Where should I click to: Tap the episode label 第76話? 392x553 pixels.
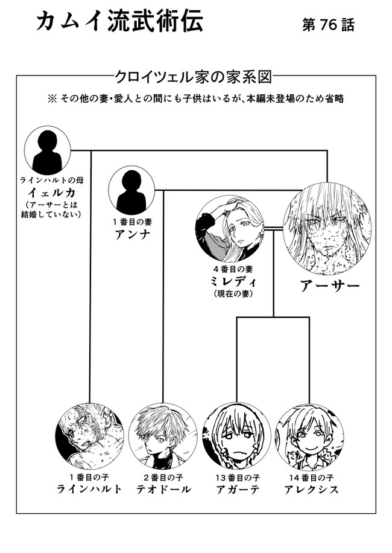pyautogui.click(x=328, y=25)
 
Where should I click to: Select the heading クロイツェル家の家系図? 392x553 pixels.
pyautogui.click(x=194, y=76)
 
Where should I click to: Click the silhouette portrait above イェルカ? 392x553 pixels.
pyautogui.click(x=47, y=150)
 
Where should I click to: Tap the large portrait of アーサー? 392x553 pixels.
pyautogui.click(x=327, y=228)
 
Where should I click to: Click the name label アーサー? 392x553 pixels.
pyautogui.click(x=330, y=286)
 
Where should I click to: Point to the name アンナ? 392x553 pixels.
pyautogui.click(x=132, y=234)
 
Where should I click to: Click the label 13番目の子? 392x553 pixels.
pyautogui.click(x=238, y=478)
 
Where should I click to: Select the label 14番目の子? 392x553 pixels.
pyautogui.click(x=311, y=478)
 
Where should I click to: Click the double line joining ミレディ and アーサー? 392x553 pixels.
pyautogui.click(x=273, y=229)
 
